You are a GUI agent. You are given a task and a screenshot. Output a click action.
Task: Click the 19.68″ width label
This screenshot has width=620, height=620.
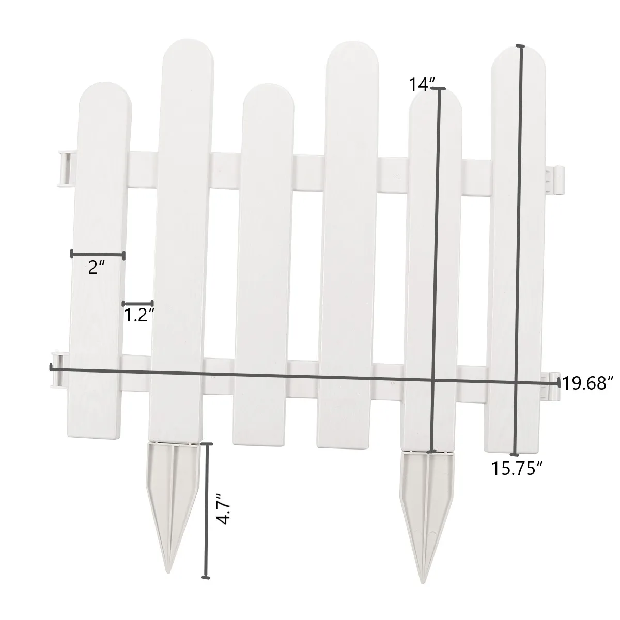click(588, 383)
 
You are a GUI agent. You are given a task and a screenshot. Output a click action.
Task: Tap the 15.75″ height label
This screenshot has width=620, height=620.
click(517, 469)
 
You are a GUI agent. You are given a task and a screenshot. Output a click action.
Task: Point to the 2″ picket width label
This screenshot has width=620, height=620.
click(97, 267)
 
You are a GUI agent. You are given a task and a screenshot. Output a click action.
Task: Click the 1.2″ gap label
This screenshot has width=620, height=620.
click(139, 315)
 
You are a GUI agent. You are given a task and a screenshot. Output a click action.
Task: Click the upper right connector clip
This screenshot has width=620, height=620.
click(556, 181)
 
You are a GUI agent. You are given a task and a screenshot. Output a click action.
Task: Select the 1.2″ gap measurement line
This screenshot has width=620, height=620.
click(138, 303)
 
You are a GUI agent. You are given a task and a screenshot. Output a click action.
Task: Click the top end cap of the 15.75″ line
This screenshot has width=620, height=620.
click(521, 47)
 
